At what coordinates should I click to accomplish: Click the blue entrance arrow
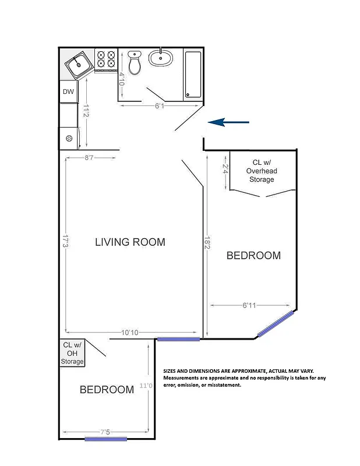[x=228, y=122]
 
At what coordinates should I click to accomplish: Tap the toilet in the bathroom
[x=135, y=62]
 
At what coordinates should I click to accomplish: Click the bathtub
[x=193, y=75]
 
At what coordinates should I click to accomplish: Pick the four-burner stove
[x=106, y=59]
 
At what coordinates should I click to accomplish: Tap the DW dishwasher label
[x=68, y=91]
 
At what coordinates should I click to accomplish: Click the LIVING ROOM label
[x=130, y=242]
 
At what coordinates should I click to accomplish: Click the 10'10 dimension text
[x=129, y=333]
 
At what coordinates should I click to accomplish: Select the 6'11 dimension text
[x=249, y=305]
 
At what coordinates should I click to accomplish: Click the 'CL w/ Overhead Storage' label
[x=261, y=171]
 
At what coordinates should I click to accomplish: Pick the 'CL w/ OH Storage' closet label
[x=72, y=353]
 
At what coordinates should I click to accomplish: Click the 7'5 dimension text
[x=105, y=432]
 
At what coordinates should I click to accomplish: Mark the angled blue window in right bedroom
[x=276, y=324]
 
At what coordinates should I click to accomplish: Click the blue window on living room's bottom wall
[x=179, y=338]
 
